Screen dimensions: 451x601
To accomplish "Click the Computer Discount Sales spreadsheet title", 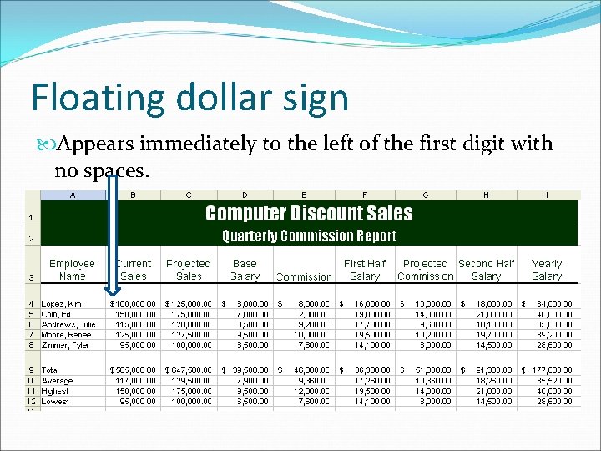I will click(309, 214).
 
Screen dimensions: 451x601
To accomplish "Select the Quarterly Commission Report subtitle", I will click(309, 236).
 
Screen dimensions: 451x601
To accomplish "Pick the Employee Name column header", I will click(73, 269).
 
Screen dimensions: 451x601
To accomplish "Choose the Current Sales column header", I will click(134, 269).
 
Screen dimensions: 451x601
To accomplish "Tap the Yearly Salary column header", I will click(547, 269).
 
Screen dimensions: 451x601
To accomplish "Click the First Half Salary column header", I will click(366, 269).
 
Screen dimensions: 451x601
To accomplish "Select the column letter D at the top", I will click(245, 195).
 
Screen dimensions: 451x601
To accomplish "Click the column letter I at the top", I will click(547, 195).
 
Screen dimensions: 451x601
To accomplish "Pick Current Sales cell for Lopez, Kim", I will click(133, 303).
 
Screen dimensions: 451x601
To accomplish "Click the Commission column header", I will click(304, 276).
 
